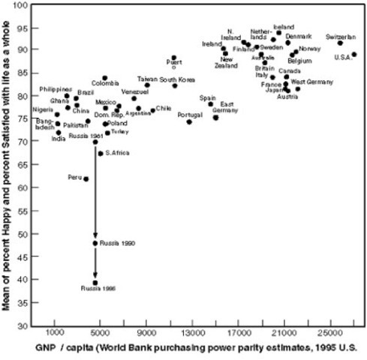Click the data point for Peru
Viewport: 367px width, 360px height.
(x=86, y=178)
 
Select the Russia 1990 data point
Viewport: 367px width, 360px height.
(x=95, y=243)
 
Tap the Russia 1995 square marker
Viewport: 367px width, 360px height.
(x=95, y=283)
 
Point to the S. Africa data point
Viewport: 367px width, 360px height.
(x=101, y=153)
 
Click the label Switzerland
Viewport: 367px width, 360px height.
(x=341, y=36)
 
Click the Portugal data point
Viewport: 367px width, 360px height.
(x=189, y=121)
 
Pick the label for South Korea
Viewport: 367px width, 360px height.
(x=177, y=79)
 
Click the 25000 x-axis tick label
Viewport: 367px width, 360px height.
(x=329, y=331)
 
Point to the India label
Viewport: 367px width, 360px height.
(x=57, y=139)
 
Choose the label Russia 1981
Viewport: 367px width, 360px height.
(x=86, y=136)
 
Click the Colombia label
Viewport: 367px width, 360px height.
(x=105, y=82)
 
